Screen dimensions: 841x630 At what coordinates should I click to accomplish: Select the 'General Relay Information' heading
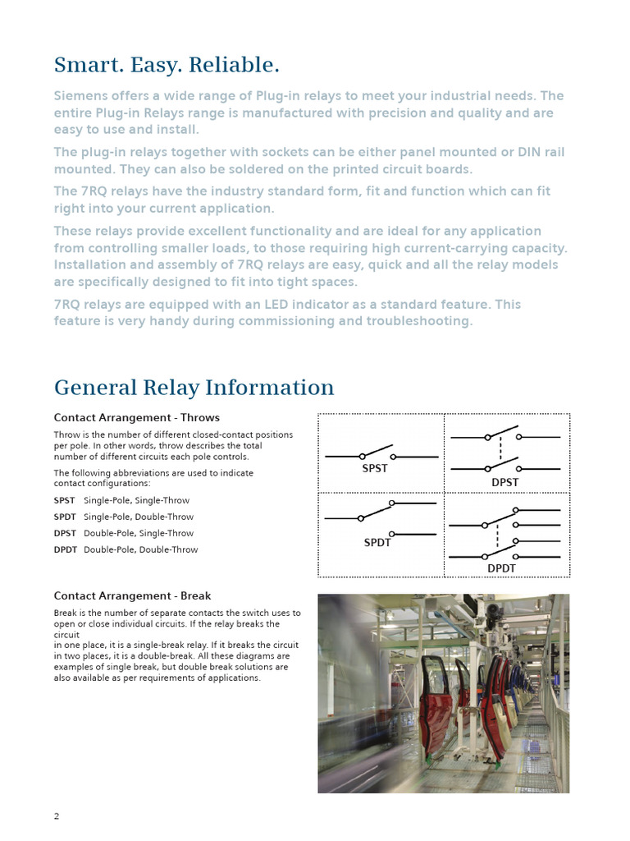[194, 387]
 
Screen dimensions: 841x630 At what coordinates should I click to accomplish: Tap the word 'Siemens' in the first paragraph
[81, 96]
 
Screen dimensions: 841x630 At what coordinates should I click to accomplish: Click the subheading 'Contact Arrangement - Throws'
[136, 417]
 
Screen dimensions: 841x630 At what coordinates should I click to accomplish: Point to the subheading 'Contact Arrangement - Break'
[132, 595]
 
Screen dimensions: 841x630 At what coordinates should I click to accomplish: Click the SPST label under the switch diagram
[375, 468]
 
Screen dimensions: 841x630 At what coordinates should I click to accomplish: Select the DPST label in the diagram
[504, 482]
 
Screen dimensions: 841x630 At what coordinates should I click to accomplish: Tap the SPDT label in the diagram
[377, 542]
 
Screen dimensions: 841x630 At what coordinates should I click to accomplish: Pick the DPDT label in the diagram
[503, 568]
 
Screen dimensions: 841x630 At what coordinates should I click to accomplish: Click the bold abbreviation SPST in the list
[64, 500]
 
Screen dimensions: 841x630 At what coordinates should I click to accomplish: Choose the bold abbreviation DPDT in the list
[65, 549]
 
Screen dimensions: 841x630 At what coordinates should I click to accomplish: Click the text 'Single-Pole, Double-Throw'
[139, 517]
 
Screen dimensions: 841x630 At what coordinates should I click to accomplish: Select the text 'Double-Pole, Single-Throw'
[139, 533]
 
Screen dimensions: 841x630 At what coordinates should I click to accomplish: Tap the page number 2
[57, 816]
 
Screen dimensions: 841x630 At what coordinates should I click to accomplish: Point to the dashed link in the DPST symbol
[500, 453]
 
